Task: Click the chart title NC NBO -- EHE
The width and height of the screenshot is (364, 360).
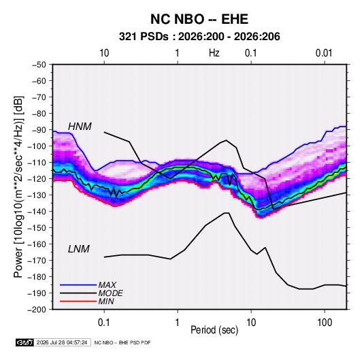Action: (x=199, y=19)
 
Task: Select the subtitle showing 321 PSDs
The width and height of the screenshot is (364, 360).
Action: (x=199, y=37)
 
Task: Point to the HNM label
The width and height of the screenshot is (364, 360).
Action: (x=80, y=127)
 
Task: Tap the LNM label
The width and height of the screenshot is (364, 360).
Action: (x=79, y=249)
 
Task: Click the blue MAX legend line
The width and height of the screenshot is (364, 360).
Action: (x=78, y=285)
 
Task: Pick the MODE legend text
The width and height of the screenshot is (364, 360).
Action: (x=110, y=293)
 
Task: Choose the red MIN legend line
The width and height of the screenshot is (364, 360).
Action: (x=78, y=301)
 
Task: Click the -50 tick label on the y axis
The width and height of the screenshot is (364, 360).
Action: (x=39, y=65)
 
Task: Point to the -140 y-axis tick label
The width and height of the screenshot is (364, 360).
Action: (x=37, y=212)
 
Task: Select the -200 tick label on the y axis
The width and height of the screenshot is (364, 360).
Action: (x=37, y=310)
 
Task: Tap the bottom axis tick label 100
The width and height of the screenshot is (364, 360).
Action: (x=325, y=323)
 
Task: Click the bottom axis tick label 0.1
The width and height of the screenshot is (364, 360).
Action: (x=104, y=323)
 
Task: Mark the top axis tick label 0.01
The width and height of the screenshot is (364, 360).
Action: (x=324, y=53)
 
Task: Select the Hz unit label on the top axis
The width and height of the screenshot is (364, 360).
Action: (x=214, y=53)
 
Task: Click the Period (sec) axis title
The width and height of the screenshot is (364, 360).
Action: (x=214, y=330)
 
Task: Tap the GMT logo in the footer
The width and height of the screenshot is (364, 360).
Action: (x=25, y=342)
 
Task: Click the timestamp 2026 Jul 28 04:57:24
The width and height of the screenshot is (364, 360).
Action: (x=62, y=342)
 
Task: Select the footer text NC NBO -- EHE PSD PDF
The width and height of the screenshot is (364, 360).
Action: (x=122, y=342)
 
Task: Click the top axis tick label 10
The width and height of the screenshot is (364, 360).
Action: (x=104, y=53)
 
